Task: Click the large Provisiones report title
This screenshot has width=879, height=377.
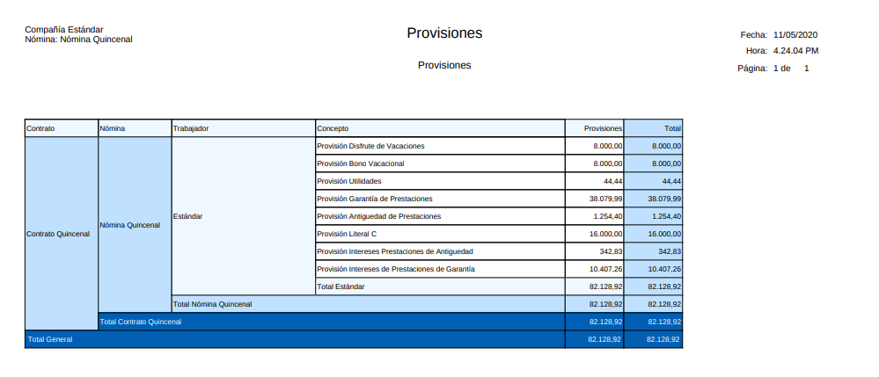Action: tap(444, 33)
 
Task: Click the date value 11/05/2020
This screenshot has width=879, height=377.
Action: tap(795, 34)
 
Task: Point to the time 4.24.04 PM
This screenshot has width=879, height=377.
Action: tap(795, 51)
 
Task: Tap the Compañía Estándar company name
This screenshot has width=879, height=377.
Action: tap(63, 30)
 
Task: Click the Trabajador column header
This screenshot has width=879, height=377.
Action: tap(191, 128)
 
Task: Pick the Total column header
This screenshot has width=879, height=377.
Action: tap(672, 128)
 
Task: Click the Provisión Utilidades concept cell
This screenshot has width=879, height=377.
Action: tap(349, 181)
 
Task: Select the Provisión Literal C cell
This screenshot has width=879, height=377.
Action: tap(347, 234)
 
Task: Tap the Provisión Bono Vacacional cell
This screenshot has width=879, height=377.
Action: tap(360, 163)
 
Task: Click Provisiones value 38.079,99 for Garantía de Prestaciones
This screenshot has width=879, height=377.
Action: tap(605, 199)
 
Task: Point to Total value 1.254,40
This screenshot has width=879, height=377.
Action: tap(664, 216)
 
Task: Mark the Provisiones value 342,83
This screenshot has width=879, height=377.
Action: tap(611, 251)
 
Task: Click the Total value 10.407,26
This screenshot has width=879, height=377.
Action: tap(663, 269)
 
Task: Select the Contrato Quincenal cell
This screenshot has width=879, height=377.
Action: tap(58, 234)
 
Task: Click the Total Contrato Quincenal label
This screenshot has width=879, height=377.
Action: tap(141, 322)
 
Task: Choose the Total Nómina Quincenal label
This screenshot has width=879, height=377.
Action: tap(212, 304)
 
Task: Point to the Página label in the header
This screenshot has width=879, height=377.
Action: tap(752, 68)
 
